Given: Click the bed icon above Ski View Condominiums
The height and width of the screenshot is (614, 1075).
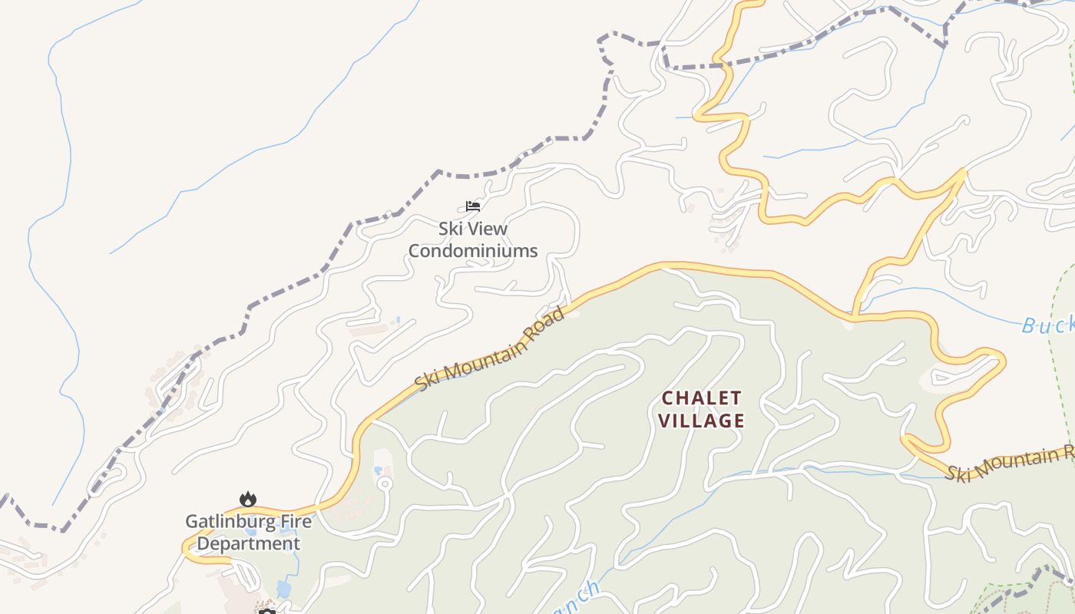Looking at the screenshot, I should point(473,206).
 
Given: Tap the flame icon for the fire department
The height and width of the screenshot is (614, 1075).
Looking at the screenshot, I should point(248,500).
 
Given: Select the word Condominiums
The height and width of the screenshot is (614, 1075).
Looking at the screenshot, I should point(472,251).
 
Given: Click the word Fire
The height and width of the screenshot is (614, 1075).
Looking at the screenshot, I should point(294,522).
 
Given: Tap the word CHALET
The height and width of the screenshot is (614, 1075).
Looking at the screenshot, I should point(702,398).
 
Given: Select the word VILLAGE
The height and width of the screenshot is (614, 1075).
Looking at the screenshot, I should point(702,421).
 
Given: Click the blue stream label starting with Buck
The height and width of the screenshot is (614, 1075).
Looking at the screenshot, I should point(1048,325).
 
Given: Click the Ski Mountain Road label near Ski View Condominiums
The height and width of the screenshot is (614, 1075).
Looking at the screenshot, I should point(490,347).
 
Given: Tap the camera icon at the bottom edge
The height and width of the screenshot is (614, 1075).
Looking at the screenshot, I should point(266,611).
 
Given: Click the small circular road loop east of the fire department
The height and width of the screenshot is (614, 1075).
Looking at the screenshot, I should point(385,484).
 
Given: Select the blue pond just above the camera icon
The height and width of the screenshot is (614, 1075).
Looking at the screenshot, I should point(283,589).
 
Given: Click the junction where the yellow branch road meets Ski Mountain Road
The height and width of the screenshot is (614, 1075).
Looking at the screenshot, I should point(854,315).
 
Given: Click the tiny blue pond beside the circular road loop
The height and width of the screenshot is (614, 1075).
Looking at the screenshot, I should point(377,470).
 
